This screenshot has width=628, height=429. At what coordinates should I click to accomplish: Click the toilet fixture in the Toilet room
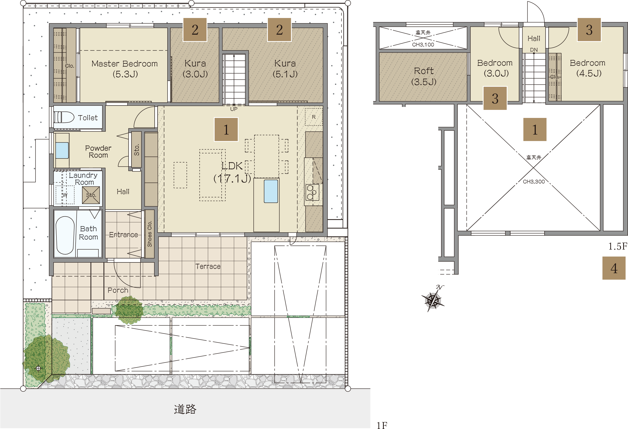[64, 117]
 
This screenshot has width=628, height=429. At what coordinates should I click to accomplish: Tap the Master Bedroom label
[125, 64]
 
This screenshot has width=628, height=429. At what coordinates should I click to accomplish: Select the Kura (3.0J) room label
[195, 69]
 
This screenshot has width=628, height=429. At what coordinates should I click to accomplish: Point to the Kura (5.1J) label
[285, 69]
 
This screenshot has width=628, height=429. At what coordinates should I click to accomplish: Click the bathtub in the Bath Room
[65, 235]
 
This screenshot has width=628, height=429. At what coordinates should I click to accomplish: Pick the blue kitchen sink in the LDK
[271, 191]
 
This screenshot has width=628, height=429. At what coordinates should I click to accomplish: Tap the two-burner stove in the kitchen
[312, 192]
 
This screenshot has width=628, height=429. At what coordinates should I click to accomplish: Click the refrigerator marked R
[314, 117]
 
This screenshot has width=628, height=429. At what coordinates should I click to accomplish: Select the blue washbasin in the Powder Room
[62, 150]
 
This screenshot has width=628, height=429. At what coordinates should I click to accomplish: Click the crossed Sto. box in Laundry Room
[91, 195]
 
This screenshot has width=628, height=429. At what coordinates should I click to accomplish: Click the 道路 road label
[185, 409]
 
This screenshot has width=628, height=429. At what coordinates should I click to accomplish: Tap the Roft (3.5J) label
[424, 76]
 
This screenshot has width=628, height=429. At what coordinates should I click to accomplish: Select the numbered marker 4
[614, 268]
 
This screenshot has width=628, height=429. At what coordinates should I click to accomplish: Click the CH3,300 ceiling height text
[534, 182]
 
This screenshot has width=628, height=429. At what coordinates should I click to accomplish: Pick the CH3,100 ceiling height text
[423, 45]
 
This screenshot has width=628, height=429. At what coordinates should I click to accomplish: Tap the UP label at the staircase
[234, 109]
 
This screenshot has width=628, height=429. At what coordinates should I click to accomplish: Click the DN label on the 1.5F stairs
[534, 50]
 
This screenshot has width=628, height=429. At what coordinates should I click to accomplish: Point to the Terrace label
[208, 266]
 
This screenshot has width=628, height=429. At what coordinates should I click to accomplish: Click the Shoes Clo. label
[150, 234]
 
